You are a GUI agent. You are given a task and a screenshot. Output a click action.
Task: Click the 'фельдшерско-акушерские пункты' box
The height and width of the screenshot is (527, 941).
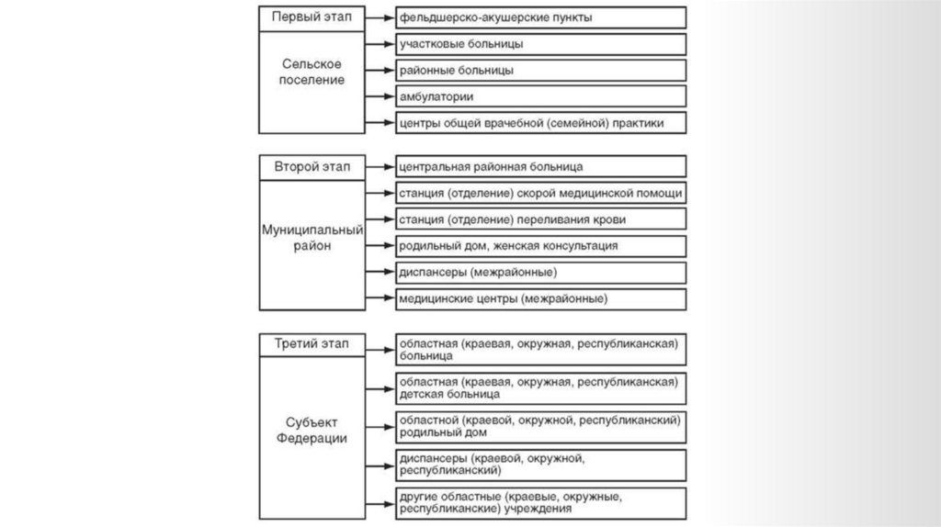tap(540, 17)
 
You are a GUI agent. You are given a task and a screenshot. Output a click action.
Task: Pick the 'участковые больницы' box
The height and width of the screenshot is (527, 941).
tap(540, 43)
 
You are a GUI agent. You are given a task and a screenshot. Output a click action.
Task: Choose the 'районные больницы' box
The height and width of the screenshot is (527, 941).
tap(540, 70)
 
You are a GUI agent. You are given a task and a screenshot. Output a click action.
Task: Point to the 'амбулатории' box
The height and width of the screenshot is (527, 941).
tap(540, 95)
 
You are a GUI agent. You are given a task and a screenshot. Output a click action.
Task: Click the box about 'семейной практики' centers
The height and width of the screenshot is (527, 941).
tap(540, 122)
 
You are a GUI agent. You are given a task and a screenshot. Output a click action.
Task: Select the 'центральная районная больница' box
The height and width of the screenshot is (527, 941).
tap(540, 166)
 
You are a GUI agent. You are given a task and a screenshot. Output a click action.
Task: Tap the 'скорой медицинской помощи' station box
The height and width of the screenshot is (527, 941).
tap(540, 193)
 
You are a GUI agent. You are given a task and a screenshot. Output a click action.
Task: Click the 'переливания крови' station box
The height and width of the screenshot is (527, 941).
tap(540, 219)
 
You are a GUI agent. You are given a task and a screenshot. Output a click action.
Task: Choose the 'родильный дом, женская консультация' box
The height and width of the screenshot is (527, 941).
tap(540, 245)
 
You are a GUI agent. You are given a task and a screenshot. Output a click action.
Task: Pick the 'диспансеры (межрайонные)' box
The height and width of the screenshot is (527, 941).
tap(540, 272)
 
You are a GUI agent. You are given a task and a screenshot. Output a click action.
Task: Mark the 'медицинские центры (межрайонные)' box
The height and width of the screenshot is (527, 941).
tap(540, 298)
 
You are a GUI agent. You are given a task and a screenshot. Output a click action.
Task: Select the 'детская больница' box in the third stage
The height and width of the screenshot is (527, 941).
tap(540, 387)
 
